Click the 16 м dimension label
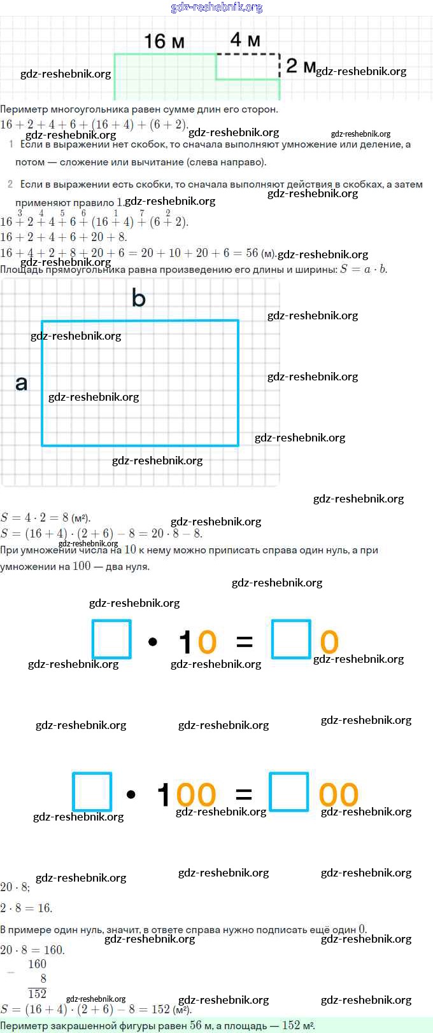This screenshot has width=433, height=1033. coord(164,41)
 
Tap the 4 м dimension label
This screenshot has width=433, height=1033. coord(245,39)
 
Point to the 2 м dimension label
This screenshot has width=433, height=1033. coord(301,66)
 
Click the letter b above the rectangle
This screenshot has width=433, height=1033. coord(138,298)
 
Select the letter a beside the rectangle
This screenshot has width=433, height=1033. coord(21,383)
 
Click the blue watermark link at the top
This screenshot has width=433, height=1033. coord(216,7)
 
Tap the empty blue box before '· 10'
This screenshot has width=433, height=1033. coord(111,639)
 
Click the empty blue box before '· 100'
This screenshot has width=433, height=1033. coord(92,792)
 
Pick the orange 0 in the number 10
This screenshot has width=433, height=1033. coord(207,642)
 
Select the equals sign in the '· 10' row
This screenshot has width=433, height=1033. coord(245,642)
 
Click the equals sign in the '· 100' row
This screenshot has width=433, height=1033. coord(244,794)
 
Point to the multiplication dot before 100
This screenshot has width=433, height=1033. coord(131,794)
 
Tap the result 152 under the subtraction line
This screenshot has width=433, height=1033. coord(37,994)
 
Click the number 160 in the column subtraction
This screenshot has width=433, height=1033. coord(37,964)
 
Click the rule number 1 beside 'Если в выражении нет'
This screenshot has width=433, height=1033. coord(11,144)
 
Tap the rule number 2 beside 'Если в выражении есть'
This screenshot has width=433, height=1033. coord(10,184)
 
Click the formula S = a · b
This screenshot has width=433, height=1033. coord(364,269)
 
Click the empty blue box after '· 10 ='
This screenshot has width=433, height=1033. coord(291,639)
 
